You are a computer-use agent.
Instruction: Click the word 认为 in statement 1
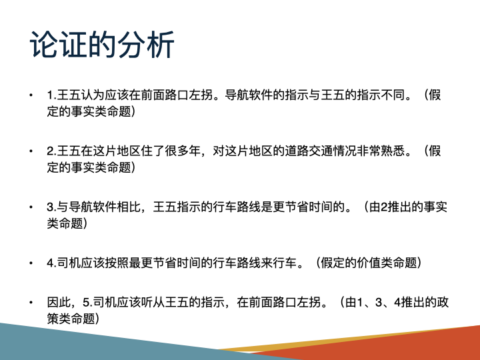(x=96, y=95)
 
